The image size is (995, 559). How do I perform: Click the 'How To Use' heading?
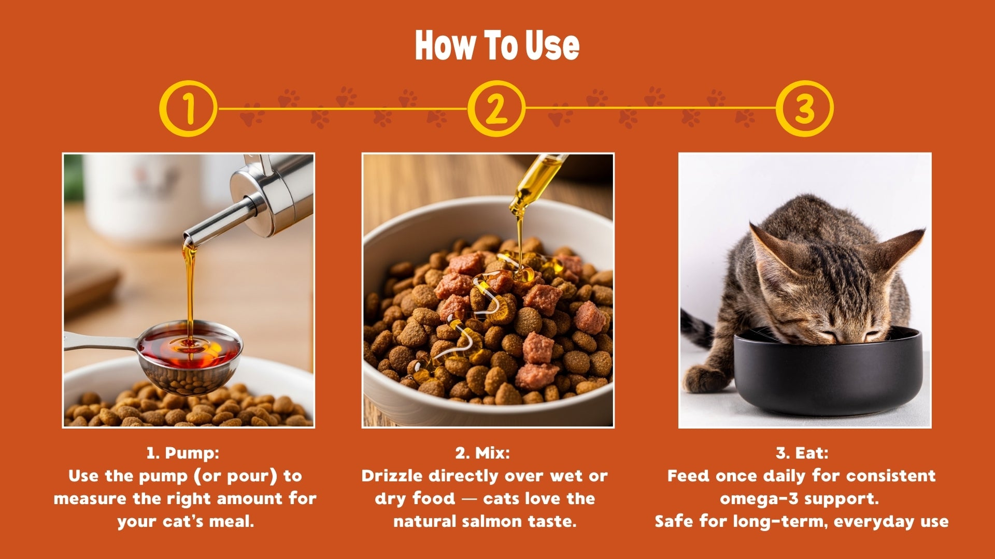click(x=497, y=46)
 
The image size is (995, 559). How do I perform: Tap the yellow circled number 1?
click(x=188, y=108)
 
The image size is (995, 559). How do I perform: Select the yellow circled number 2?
click(x=496, y=108)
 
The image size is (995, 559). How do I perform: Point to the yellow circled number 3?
click(x=804, y=108)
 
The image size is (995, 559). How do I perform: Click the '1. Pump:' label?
click(x=183, y=453)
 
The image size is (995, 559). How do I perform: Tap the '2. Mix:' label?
click(x=482, y=453)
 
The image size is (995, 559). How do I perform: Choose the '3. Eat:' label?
click(x=802, y=453)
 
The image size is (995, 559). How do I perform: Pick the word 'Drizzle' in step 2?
click(x=392, y=476)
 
